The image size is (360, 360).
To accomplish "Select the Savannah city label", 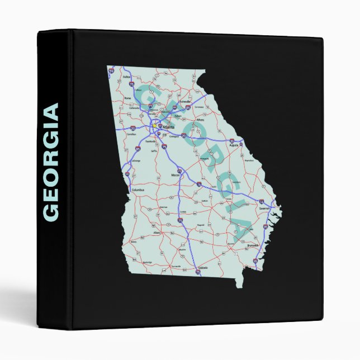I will pos(264,208).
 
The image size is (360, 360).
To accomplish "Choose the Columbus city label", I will pos(138,190).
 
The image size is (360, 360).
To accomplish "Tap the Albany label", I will pos(157,232).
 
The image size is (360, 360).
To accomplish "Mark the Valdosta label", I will pos(203,268).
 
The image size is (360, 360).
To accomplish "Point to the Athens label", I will pos(200,119).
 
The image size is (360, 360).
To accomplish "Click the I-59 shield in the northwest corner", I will pos(112,70).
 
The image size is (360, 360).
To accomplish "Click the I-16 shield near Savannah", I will pos(262,200).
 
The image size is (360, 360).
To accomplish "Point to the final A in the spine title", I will pos(51,111).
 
